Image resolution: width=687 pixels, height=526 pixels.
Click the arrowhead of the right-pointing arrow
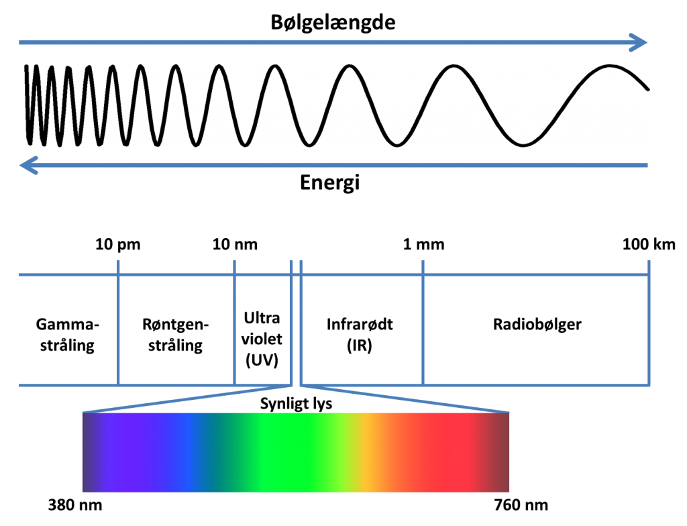(639, 42)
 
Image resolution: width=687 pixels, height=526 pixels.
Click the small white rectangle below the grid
(296, 385)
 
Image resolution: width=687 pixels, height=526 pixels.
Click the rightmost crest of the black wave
(611, 66)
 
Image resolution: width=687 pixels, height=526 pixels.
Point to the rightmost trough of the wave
(523, 144)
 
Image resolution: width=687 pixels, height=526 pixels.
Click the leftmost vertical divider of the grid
(119, 322)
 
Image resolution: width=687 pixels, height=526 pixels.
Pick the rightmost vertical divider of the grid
(649, 322)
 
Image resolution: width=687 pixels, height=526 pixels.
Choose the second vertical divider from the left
(234, 322)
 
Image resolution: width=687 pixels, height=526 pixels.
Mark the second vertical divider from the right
(423, 322)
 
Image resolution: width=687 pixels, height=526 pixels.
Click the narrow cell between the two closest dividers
(296, 322)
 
